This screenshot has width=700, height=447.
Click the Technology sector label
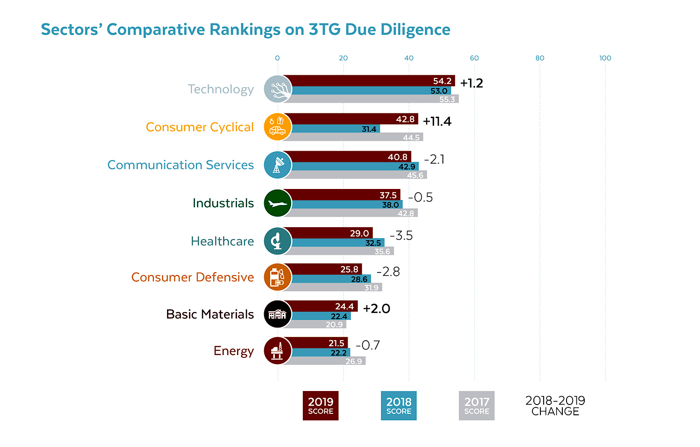click(221, 89)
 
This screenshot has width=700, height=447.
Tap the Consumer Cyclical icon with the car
click(278, 127)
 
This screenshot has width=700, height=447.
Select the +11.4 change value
click(437, 121)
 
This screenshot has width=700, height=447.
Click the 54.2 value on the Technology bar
click(442, 81)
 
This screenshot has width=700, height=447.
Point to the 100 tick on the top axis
click(605, 58)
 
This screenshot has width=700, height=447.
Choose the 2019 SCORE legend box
click(321, 405)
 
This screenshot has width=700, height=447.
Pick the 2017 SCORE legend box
click(476, 405)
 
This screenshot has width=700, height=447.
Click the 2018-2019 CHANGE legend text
click(555, 405)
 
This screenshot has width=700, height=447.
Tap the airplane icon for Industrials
click(278, 203)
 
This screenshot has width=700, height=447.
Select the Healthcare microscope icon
click(278, 241)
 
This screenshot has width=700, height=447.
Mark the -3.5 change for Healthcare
click(401, 236)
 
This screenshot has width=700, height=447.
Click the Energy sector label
click(233, 351)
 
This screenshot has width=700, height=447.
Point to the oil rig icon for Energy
click(278, 351)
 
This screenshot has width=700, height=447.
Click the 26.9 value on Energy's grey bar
click(353, 362)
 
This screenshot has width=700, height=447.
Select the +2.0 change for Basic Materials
click(376, 309)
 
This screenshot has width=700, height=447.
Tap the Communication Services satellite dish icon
click(278, 165)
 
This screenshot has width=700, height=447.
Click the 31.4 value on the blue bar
click(369, 129)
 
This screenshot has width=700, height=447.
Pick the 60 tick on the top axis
click(474, 58)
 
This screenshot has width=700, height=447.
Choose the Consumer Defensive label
click(192, 277)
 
